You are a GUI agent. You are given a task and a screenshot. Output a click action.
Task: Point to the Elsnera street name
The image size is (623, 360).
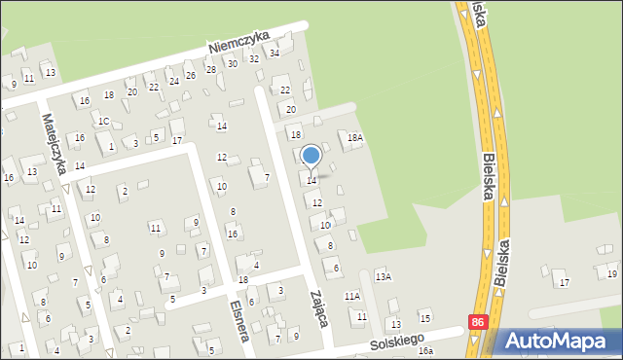[238, 318]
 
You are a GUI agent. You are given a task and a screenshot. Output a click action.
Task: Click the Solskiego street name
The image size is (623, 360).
[398, 342]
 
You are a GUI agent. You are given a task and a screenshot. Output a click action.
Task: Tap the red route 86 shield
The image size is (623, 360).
[476, 322]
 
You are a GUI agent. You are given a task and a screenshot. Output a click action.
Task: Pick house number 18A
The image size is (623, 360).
[355, 139]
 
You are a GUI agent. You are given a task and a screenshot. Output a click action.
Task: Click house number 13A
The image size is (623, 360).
[385, 277]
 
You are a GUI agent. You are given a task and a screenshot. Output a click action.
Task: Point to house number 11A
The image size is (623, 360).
[351, 296]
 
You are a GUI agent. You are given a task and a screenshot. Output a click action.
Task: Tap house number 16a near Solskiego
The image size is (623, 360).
[425, 350]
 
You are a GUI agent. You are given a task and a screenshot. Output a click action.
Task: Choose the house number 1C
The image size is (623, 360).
[102, 121]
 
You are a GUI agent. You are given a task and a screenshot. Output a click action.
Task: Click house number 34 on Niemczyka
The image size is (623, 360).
[275, 53]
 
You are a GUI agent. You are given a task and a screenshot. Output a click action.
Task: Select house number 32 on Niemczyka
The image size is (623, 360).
[253, 58]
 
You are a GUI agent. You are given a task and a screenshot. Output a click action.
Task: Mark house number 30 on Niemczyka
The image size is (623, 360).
[232, 63]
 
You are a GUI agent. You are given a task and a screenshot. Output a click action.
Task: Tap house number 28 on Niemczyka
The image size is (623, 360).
[210, 69]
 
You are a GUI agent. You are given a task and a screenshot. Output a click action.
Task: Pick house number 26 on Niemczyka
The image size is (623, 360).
[191, 76]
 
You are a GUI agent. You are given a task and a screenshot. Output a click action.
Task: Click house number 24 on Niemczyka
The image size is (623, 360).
[173, 81]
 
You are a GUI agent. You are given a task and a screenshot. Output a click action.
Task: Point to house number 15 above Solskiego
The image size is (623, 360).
[424, 318]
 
